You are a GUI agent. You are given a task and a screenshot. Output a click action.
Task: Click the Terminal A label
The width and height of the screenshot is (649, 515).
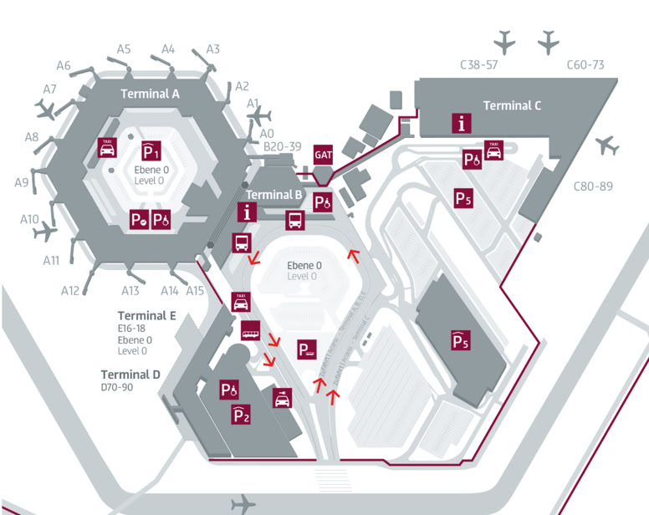tap(151, 94)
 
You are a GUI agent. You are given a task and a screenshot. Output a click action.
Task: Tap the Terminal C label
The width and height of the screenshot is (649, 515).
tap(512, 105)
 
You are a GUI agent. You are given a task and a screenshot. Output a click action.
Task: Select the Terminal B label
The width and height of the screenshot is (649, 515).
tap(273, 195)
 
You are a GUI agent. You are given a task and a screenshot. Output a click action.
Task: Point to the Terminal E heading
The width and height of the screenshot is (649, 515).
tap(147, 316)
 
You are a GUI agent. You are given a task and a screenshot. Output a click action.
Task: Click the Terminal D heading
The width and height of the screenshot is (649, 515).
tap(130, 374)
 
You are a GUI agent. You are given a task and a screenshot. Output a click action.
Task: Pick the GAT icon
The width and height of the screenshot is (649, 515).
tap(324, 156)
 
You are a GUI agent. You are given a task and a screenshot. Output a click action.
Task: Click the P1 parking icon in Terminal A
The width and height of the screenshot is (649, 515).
tap(151, 153)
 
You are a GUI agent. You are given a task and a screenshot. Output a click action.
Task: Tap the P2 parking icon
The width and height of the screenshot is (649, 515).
tap(240, 414)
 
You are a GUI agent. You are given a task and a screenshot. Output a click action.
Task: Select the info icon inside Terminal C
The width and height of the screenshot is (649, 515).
tap(461, 123)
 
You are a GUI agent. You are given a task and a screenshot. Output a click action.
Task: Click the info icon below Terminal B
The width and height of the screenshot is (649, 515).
tap(248, 211)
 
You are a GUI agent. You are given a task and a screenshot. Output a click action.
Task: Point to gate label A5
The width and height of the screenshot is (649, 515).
tap(124, 48)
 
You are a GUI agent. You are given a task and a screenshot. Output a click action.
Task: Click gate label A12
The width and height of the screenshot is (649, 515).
tap(70, 290)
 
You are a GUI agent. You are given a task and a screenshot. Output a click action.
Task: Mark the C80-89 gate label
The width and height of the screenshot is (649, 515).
tap(593, 186)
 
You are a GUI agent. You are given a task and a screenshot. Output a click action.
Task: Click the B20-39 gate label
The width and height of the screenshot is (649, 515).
tap(282, 146)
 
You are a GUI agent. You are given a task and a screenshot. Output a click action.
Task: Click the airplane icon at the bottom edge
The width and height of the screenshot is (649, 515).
tap(243, 503)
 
